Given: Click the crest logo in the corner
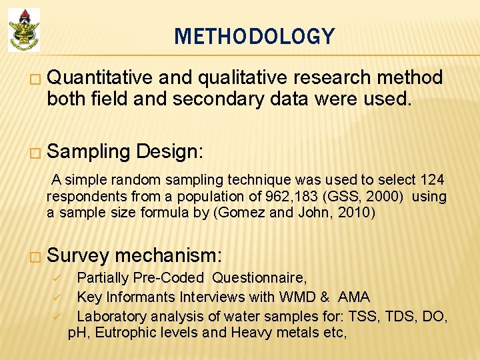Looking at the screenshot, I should (x=24, y=30).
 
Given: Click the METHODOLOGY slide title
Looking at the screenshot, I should (x=254, y=36).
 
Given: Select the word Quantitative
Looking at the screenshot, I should (x=100, y=78).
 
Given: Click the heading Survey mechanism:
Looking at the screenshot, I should (x=135, y=255).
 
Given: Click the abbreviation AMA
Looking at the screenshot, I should (x=353, y=297).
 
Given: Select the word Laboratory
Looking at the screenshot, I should (x=111, y=315).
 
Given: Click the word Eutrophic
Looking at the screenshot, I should (x=125, y=332).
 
